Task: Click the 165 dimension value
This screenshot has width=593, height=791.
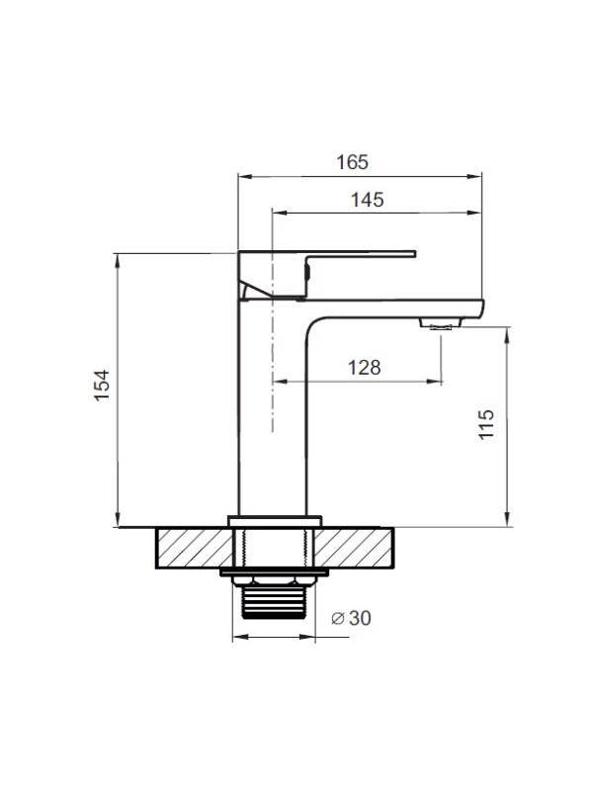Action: pyautogui.click(x=352, y=162)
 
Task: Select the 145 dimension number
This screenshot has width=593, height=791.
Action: pyautogui.click(x=367, y=200)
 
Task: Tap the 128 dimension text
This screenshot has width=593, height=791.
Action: pyautogui.click(x=364, y=368)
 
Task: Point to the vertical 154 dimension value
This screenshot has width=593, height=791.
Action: pyautogui.click(x=102, y=386)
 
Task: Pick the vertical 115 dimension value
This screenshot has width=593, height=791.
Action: pyautogui.click(x=486, y=424)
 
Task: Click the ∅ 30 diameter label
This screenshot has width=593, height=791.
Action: pyautogui.click(x=351, y=617)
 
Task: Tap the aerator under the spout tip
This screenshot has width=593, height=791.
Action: pyautogui.click(x=441, y=323)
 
